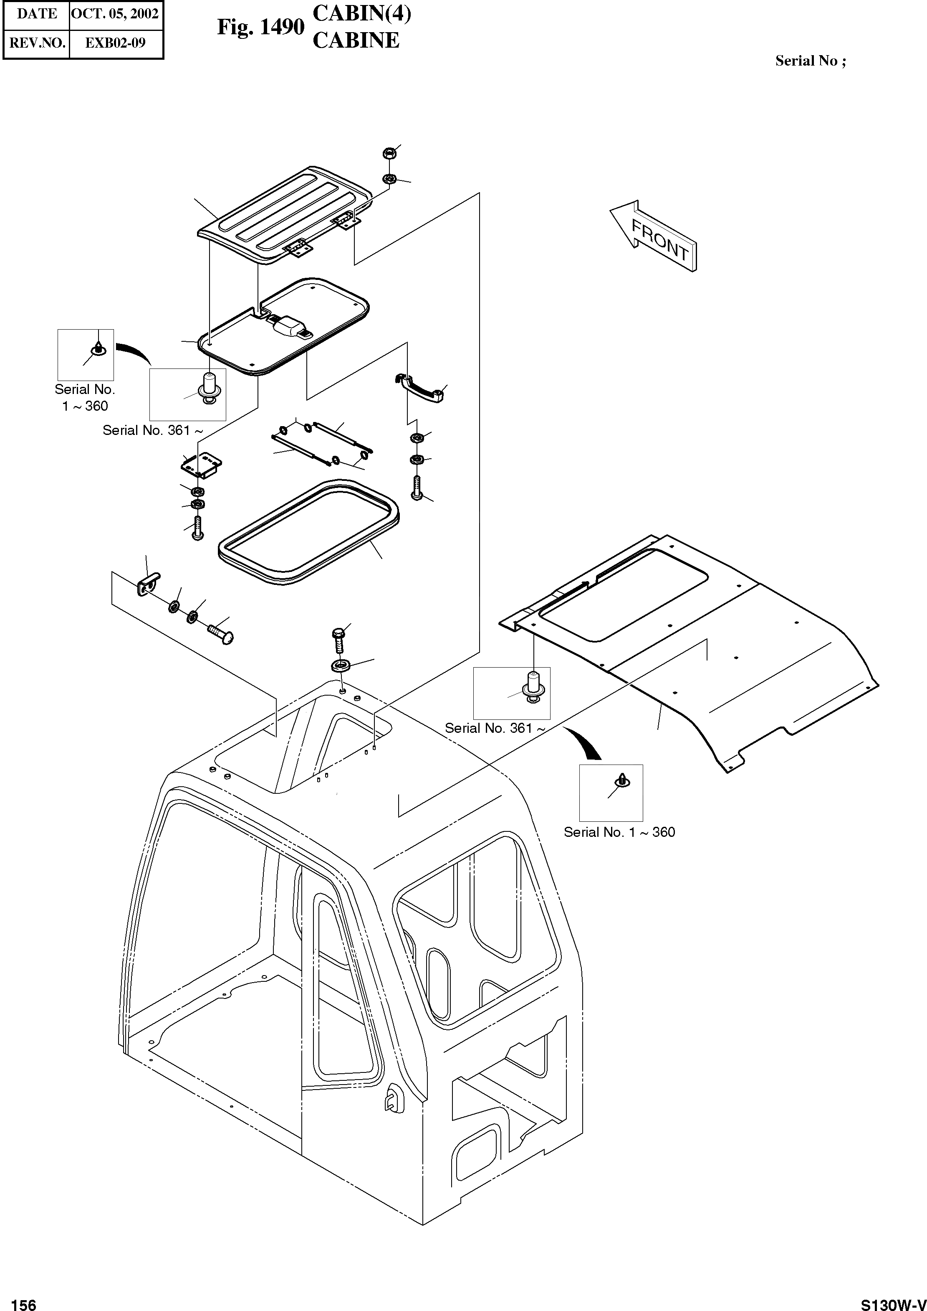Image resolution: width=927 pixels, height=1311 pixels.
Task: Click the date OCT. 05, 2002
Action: [x=115, y=14]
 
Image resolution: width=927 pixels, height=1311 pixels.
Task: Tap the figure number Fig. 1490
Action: [x=260, y=27]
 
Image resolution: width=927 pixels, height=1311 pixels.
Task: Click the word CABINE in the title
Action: [x=356, y=41]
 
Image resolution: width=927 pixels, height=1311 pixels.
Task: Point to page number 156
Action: [x=23, y=1301]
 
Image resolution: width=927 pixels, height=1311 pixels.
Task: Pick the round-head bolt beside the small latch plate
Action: [x=221, y=633]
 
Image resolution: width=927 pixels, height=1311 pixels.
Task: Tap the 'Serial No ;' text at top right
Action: [x=810, y=61]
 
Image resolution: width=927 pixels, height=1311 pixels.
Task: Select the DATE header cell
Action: [x=37, y=14]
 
